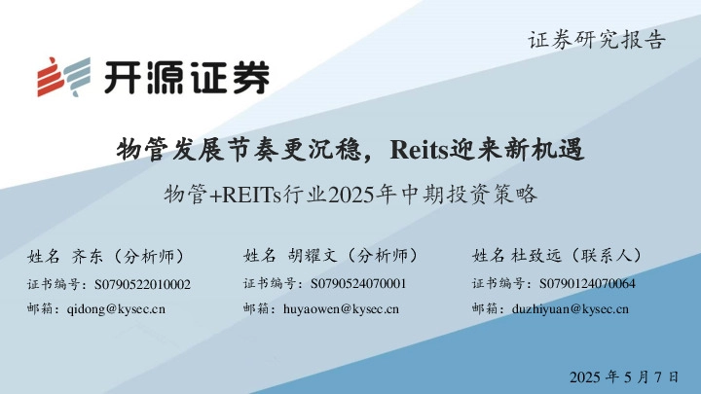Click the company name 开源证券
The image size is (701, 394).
186,77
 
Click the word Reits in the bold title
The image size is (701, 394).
416,149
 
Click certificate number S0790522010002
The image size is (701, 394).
142,284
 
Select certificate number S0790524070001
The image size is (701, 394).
358,284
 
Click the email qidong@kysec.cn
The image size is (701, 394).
116,309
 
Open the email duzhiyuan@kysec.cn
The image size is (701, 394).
571,309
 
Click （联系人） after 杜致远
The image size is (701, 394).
605,256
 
